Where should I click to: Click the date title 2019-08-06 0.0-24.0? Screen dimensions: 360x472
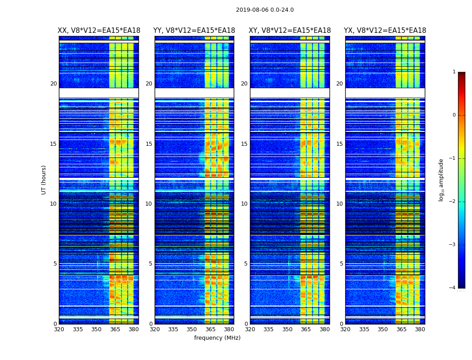[x=265, y=10]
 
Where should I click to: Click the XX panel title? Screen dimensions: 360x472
[x=99, y=31]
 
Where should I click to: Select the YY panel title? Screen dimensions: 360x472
[x=194, y=31]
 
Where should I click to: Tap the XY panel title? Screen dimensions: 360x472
[x=290, y=31]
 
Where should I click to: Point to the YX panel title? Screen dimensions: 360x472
[x=385, y=31]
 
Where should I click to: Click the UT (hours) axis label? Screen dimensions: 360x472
[x=44, y=180]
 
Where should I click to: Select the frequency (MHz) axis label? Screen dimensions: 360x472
[x=217, y=338]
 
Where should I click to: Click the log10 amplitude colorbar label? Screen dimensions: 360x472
[x=441, y=180]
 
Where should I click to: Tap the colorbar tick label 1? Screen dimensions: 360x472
[x=454, y=72]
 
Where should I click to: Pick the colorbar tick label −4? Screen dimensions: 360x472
[x=453, y=288]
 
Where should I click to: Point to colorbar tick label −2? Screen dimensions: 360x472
[x=453, y=202]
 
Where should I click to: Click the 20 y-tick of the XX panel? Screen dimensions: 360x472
[x=53, y=84]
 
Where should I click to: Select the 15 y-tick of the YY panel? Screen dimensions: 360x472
[x=149, y=144]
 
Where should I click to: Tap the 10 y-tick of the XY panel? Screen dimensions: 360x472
[x=244, y=204]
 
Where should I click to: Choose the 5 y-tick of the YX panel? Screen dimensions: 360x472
[x=341, y=264]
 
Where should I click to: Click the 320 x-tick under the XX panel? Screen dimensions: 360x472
[x=59, y=329]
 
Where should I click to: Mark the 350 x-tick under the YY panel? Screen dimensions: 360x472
[x=192, y=329]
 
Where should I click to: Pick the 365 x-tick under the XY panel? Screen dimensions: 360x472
[x=306, y=329]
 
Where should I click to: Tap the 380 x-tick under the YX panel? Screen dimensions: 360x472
[x=420, y=329]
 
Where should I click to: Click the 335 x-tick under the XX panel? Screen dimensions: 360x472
[x=78, y=329]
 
